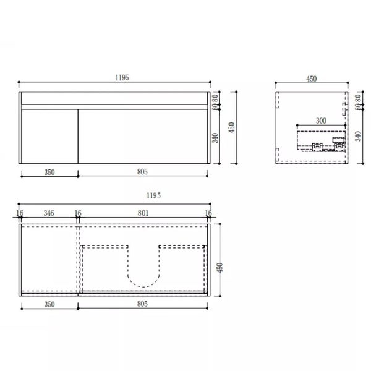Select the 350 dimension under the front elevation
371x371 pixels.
[49, 172]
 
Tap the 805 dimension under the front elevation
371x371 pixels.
[144, 172]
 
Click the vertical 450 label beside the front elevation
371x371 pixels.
[232, 127]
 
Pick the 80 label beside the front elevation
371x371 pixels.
[216, 98]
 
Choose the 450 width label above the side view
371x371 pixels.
[311, 79]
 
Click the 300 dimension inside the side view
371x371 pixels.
[321, 122]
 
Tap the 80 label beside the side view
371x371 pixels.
[359, 98]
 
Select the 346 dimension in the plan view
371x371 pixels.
[49, 213]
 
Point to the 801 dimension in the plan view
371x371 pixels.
[143, 213]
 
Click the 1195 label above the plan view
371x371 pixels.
[153, 195]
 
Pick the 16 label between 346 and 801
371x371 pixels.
[78, 213]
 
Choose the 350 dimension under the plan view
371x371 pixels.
[49, 305]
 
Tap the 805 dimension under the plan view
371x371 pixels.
[144, 305]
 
